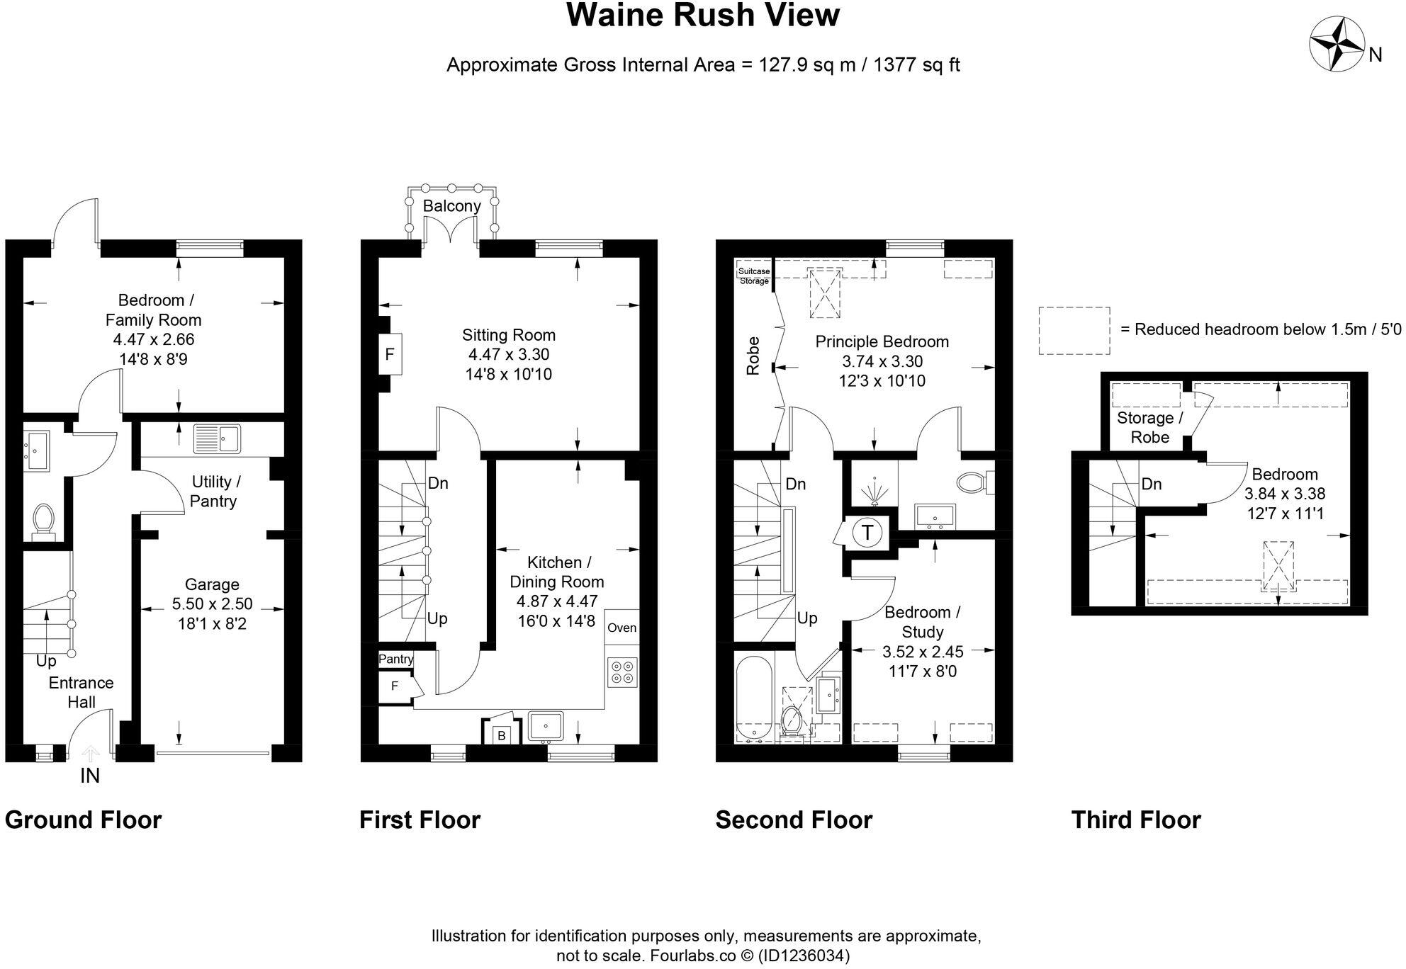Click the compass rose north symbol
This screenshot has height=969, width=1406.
coord(1336,45)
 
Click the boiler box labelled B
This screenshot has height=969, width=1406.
coord(501,735)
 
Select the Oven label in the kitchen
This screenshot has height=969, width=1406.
coord(622,628)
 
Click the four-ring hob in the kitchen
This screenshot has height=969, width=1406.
coord(622,671)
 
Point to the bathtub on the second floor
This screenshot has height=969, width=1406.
coord(753,700)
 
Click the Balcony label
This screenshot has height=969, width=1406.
coord(451,206)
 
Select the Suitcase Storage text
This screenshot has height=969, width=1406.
coord(753,276)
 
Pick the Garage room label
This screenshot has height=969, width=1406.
coord(212,584)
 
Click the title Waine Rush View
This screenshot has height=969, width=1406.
coord(702,16)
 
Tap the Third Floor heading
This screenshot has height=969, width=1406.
coord(1135,820)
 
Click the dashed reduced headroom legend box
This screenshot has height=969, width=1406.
coord(1074,330)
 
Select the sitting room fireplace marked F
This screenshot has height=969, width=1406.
coord(389,353)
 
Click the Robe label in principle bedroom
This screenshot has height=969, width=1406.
coord(753,356)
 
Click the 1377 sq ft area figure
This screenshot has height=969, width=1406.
coord(916,65)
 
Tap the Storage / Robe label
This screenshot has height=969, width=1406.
coord(1149,427)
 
